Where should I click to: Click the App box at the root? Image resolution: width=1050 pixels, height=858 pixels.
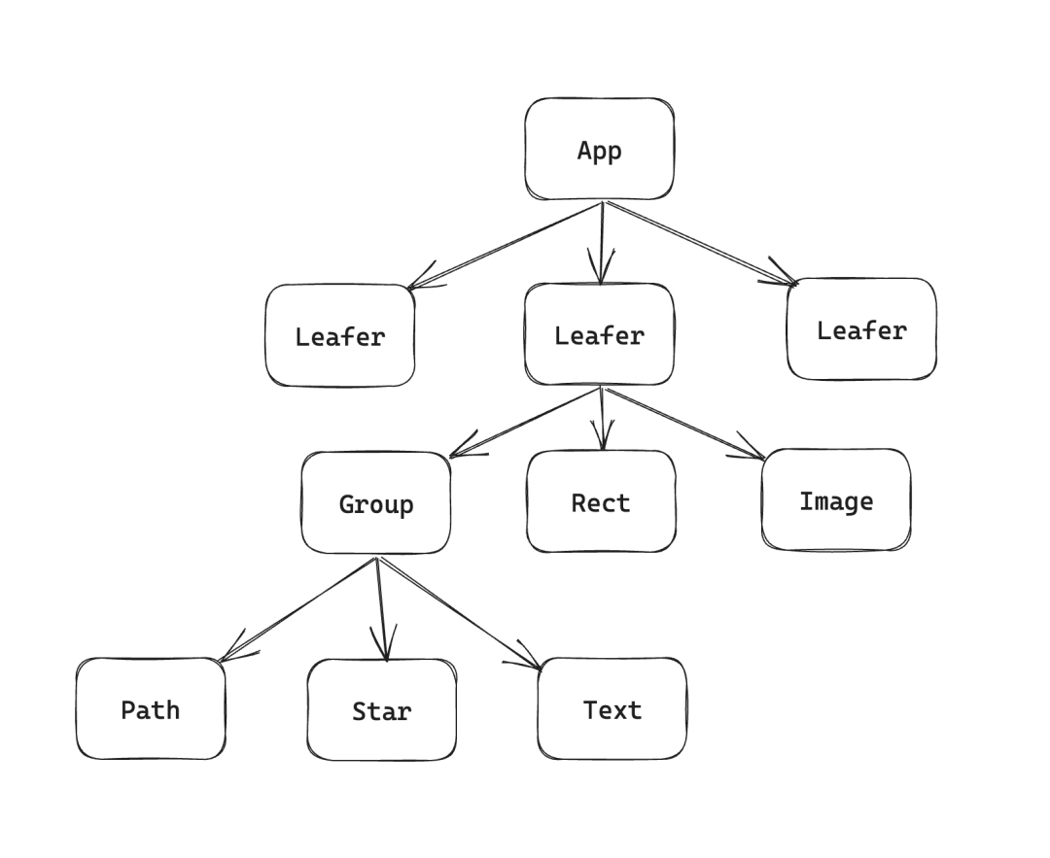[599, 150]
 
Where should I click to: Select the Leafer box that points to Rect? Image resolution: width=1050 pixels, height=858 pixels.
[599, 335]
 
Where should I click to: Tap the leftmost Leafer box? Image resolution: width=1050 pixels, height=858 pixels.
[340, 336]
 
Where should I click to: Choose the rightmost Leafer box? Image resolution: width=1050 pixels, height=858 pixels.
[861, 330]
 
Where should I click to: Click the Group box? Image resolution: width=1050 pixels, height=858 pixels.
[376, 503]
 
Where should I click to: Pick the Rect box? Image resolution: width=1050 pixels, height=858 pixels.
[601, 502]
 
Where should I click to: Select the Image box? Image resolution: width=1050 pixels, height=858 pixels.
[836, 501]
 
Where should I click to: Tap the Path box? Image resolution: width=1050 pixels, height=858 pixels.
[151, 709]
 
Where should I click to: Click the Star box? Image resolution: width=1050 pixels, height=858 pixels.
[381, 710]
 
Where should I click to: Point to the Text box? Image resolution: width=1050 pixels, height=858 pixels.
[612, 709]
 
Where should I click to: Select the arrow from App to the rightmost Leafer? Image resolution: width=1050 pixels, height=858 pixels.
[700, 243]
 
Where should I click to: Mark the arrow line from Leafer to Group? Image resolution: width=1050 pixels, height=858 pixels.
[525, 422]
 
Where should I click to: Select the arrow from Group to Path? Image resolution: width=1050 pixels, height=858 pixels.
[297, 608]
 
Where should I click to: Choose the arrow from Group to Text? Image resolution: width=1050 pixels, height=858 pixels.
[457, 612]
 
